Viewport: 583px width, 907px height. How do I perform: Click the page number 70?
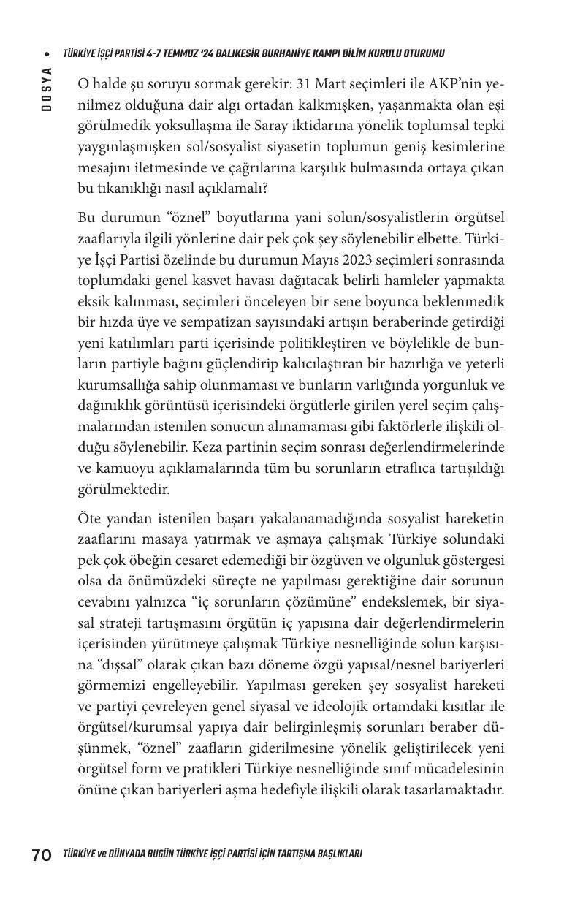(x=41, y=854)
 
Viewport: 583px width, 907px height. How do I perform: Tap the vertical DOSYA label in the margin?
(x=46, y=89)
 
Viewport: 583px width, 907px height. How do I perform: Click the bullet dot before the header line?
(x=46, y=54)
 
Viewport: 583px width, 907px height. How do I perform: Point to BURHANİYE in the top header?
(x=284, y=53)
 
